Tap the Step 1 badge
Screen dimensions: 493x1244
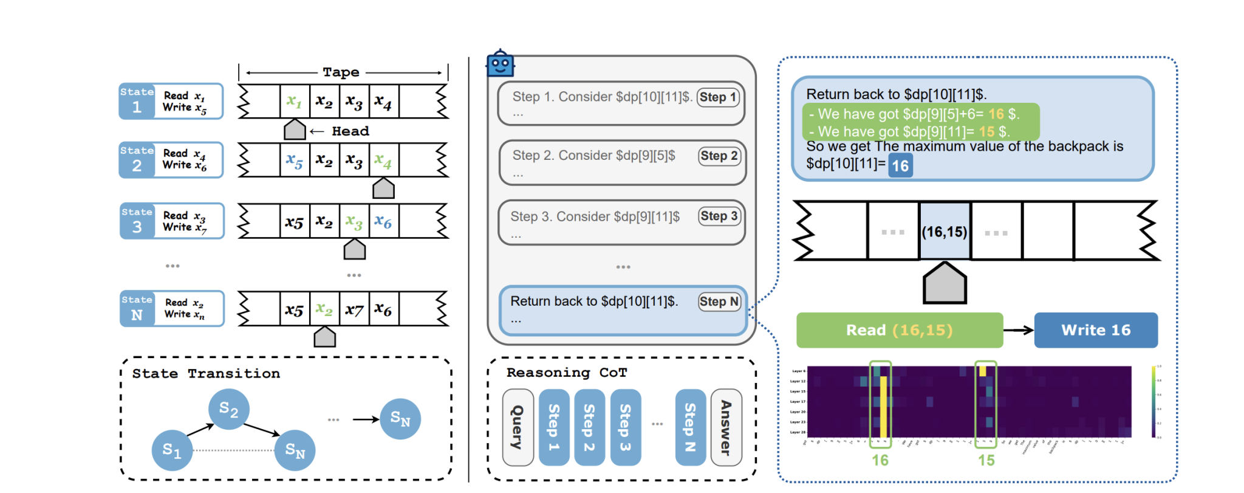(717, 97)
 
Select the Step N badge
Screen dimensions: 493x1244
(719, 302)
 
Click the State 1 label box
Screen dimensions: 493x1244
(137, 101)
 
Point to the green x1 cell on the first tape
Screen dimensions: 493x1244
(295, 101)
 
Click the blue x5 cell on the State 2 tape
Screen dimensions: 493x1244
(295, 160)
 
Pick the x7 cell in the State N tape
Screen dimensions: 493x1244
(354, 309)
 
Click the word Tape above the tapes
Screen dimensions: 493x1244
(341, 72)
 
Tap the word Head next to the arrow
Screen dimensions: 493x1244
(350, 131)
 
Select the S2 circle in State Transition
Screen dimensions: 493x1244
(228, 409)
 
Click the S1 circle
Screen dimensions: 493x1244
(172, 450)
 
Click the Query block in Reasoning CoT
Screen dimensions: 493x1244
(518, 427)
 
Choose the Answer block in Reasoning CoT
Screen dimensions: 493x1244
(726, 427)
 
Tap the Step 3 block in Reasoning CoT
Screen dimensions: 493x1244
(625, 427)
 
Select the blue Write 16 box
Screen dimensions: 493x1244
(1095, 330)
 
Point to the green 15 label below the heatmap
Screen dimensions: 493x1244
(986, 460)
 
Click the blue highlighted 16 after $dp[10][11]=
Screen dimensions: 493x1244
(900, 165)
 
